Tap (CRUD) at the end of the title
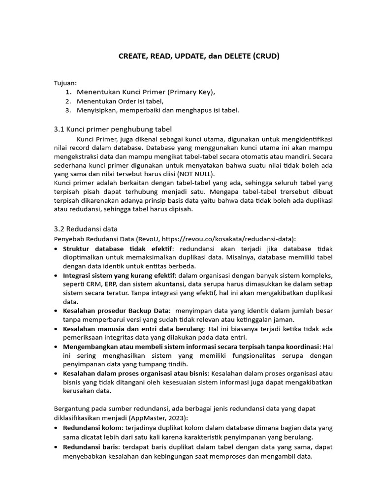click(x=266, y=56)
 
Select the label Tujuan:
click(x=65, y=83)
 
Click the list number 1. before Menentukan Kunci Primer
click(x=68, y=92)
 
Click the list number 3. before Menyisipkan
click(x=68, y=110)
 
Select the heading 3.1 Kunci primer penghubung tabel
click(x=113, y=129)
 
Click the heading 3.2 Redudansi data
click(x=86, y=229)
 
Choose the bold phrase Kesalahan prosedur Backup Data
click(x=116, y=311)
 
